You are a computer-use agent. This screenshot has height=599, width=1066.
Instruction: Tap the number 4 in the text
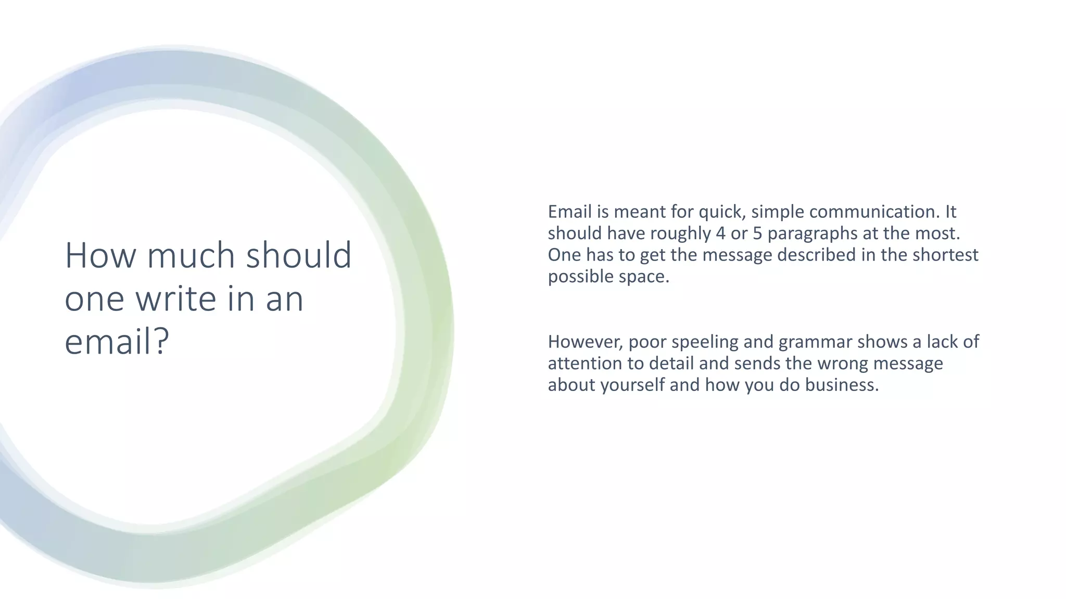click(720, 233)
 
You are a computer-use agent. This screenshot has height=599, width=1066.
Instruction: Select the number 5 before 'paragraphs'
click(757, 233)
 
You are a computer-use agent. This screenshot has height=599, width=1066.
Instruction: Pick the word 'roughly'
click(680, 233)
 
